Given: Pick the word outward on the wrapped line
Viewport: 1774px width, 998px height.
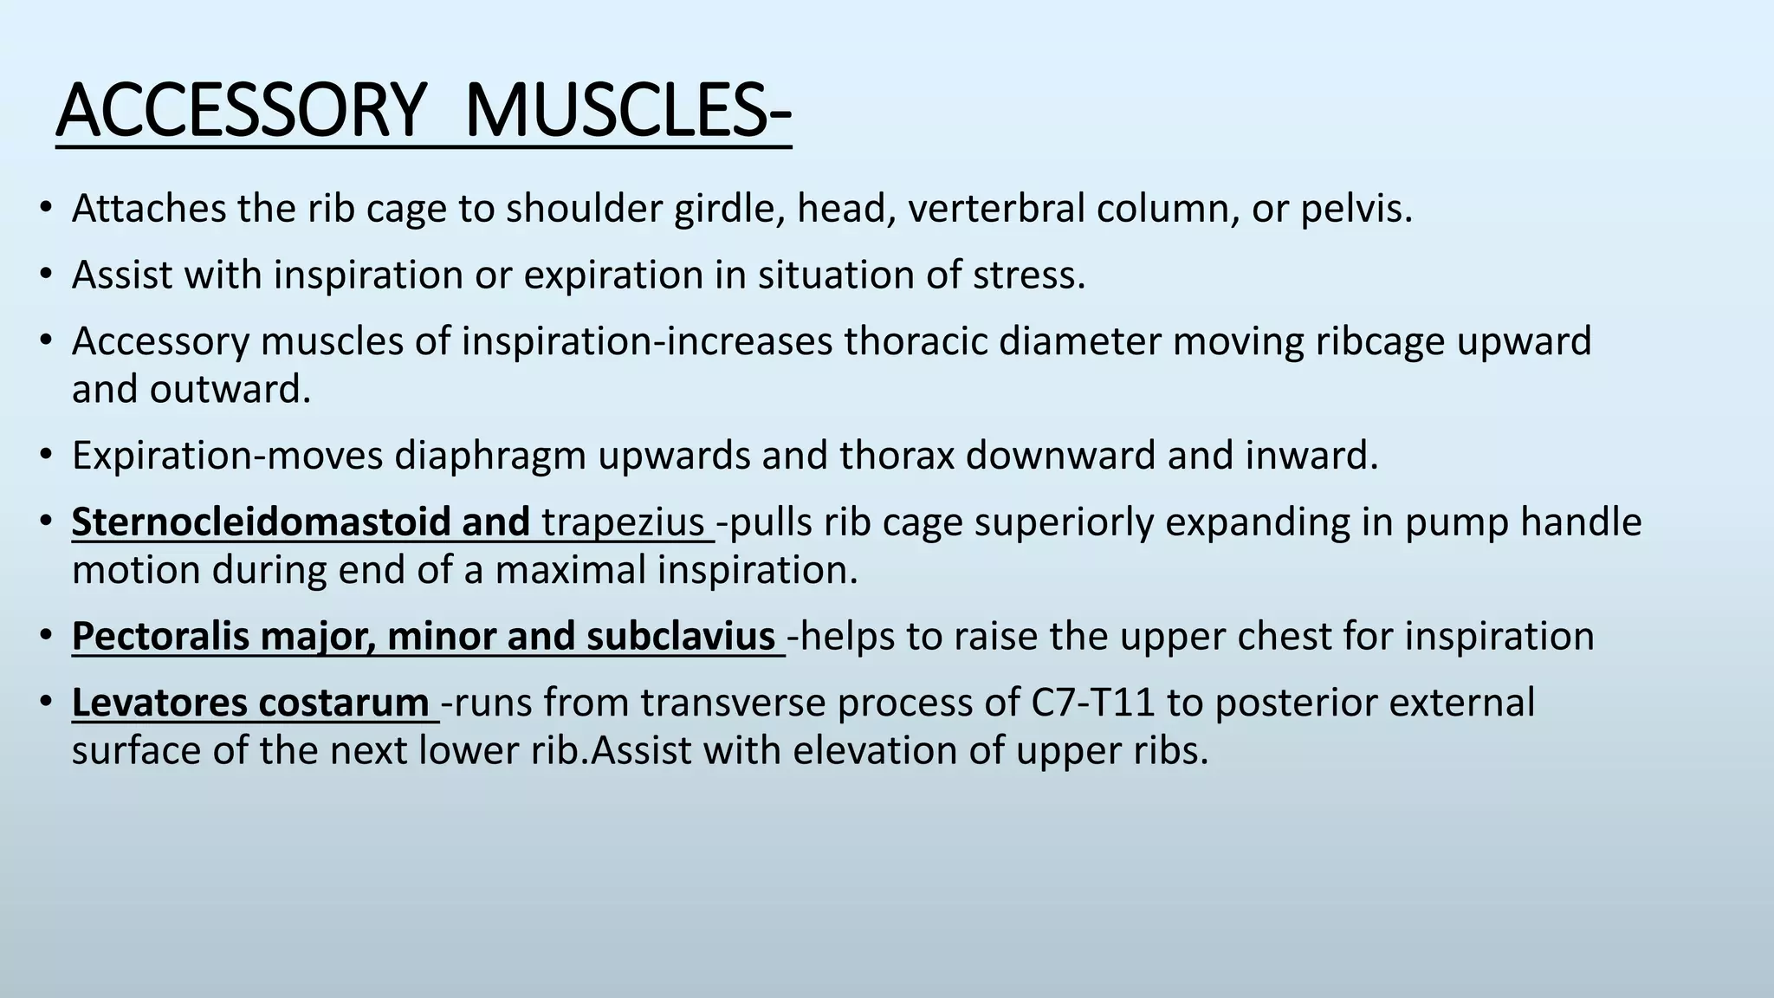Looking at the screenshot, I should [230, 390].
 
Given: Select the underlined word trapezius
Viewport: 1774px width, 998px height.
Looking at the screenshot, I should [623, 522].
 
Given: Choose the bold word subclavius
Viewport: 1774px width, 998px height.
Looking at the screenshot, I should [680, 637].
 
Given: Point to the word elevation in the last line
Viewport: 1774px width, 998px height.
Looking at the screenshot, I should [875, 751].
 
